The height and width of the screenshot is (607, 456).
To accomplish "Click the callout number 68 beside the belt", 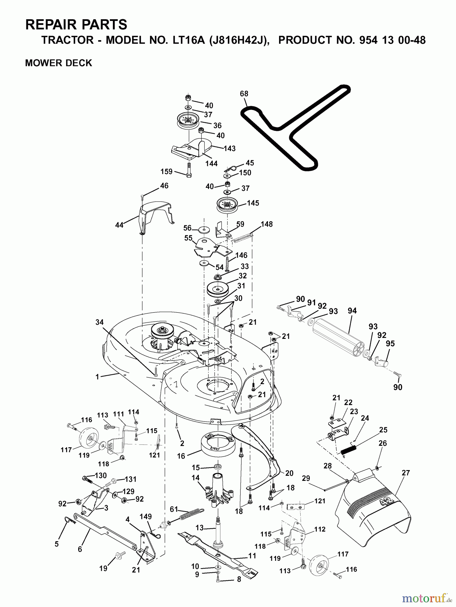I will click(x=244, y=93).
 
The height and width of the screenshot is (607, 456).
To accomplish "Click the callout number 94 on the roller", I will click(x=352, y=311).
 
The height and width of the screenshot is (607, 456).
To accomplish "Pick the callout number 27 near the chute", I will click(x=406, y=472).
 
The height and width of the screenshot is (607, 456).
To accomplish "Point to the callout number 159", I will click(x=166, y=172).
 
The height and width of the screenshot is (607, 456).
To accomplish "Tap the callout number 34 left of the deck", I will click(x=99, y=323).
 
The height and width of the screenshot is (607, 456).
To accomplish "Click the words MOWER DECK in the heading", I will click(x=59, y=63).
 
